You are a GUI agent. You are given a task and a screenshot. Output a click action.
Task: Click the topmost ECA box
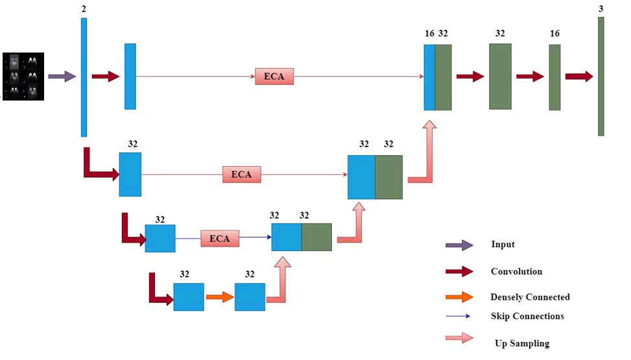(274, 77)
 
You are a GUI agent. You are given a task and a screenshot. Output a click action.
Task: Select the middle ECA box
(241, 174)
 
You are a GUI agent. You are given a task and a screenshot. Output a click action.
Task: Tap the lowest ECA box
(219, 238)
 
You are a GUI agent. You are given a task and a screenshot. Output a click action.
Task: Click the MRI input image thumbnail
(23, 76)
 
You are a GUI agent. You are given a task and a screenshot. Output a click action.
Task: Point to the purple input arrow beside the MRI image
(62, 77)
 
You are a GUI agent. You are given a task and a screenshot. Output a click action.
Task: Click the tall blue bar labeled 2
(84, 77)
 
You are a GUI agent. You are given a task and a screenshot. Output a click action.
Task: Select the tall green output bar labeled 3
(601, 77)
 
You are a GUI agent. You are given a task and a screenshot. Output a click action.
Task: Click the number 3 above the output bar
(601, 8)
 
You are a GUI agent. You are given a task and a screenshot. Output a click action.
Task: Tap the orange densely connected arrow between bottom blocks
(219, 297)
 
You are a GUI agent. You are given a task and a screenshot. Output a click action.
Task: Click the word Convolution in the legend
(516, 271)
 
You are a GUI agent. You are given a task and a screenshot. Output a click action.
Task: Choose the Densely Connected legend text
(530, 297)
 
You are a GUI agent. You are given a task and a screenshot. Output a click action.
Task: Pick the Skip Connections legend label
(527, 316)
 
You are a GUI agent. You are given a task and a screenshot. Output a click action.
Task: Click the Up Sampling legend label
(521, 343)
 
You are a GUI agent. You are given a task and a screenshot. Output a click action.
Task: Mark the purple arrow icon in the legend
(459, 245)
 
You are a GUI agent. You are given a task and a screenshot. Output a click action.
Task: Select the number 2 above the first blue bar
(84, 8)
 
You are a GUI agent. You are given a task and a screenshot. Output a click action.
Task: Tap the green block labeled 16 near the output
(554, 77)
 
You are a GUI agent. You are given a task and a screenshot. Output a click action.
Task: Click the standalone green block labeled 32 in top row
(500, 77)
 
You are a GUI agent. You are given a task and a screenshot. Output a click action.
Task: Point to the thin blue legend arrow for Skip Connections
(459, 317)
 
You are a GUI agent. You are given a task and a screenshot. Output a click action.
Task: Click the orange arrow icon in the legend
(459, 297)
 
